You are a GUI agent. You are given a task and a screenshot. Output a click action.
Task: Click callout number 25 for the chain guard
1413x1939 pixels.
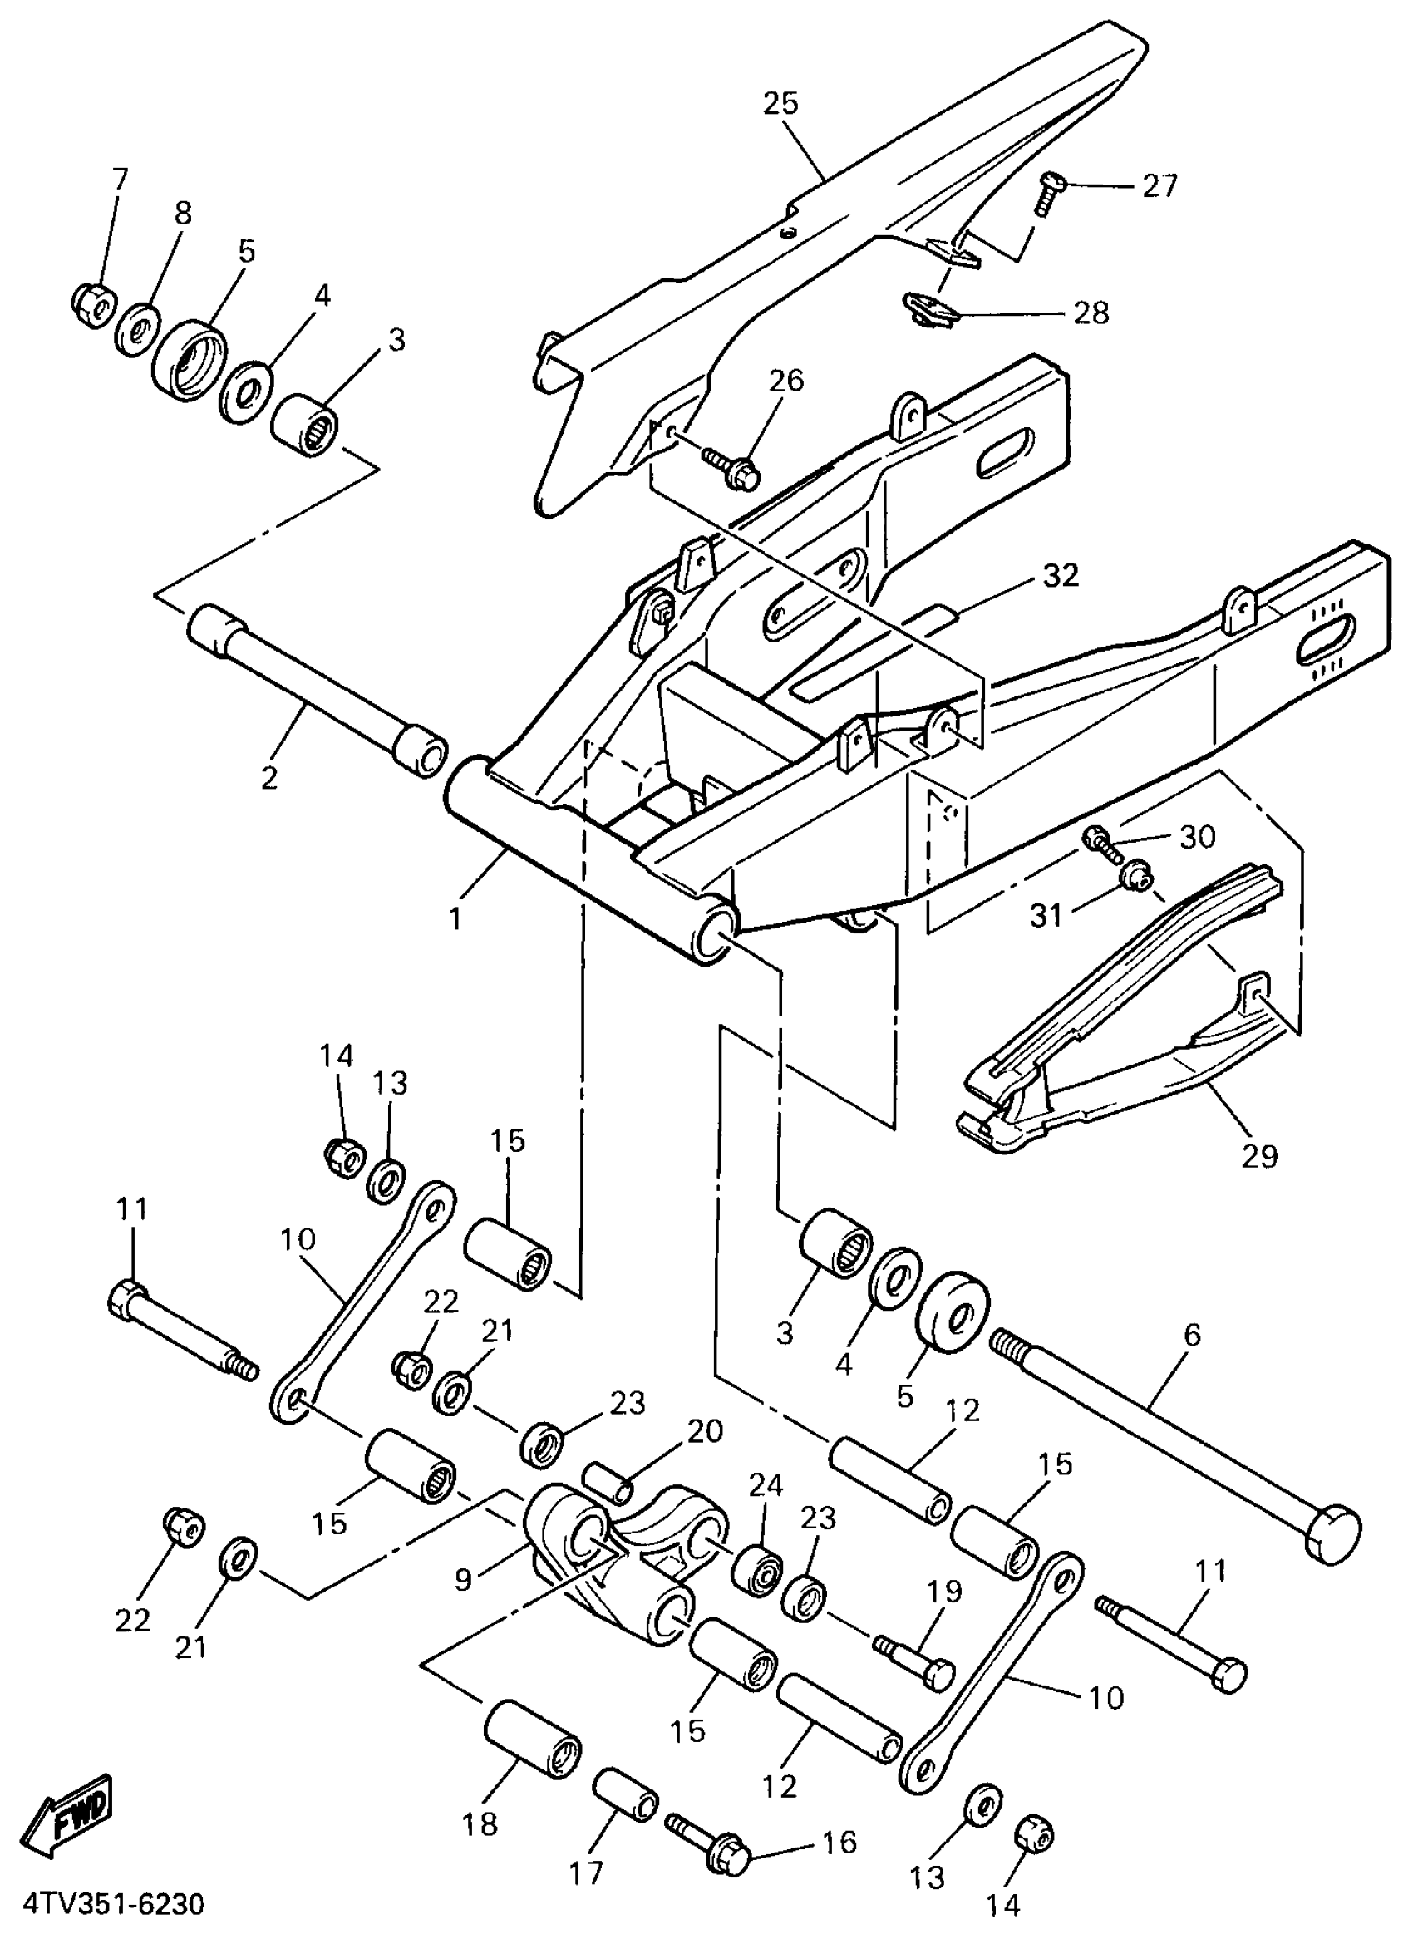click(780, 104)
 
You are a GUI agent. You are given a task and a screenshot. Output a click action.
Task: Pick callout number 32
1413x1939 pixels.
click(1061, 576)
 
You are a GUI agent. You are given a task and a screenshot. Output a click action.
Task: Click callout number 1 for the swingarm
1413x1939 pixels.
click(455, 918)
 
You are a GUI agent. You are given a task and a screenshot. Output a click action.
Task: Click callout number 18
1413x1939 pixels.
click(480, 1823)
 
